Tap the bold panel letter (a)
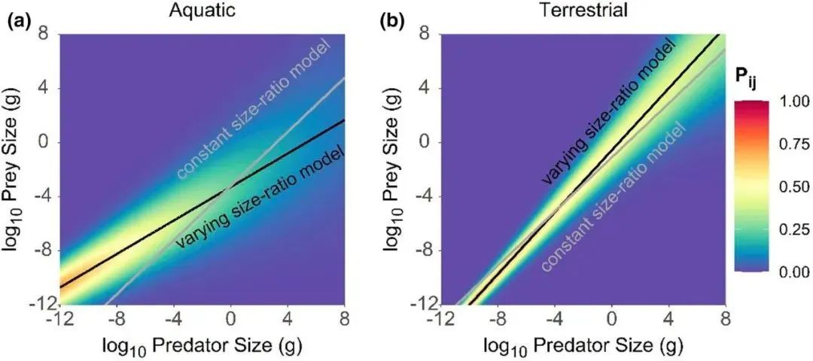(x=19, y=21)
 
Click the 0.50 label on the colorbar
(x=791, y=187)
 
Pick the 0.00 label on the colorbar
(x=791, y=272)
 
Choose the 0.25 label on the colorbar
(x=791, y=229)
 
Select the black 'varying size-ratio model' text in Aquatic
(x=260, y=197)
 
